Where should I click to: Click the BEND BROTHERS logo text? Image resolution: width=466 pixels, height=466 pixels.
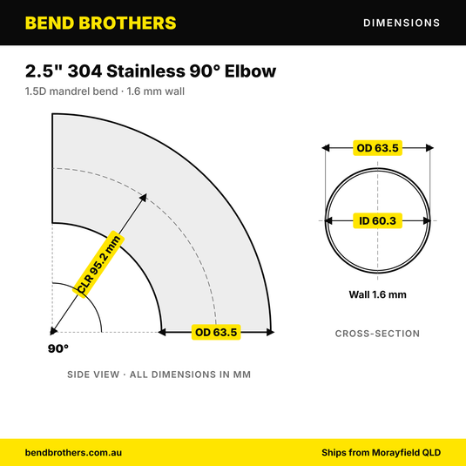click(100, 23)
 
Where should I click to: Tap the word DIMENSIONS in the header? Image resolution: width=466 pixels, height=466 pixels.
click(402, 23)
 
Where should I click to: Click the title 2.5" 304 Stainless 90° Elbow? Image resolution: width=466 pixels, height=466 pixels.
click(151, 71)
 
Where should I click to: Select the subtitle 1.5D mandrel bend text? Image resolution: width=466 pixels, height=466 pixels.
click(71, 91)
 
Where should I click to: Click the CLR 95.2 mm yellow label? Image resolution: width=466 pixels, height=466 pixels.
click(99, 264)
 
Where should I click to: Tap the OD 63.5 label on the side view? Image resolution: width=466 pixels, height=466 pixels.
click(216, 332)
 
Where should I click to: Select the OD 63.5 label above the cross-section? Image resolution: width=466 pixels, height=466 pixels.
click(377, 148)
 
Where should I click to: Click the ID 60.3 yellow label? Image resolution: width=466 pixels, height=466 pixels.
click(377, 221)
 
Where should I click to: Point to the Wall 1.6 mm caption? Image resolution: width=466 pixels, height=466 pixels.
click(377, 294)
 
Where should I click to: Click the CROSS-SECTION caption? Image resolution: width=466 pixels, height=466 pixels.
click(377, 334)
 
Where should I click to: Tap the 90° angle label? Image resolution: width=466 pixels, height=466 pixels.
click(58, 348)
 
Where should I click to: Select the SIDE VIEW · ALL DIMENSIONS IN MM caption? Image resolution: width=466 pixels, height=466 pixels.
click(159, 375)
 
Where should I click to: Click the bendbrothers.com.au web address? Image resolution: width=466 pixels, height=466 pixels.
click(73, 453)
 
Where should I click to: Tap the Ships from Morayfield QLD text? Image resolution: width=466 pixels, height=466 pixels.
click(381, 453)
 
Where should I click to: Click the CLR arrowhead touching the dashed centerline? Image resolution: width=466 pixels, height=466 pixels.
click(144, 197)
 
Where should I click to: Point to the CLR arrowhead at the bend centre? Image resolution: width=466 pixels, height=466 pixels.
click(53, 331)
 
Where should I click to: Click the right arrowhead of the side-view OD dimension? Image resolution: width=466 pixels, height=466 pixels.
click(270, 332)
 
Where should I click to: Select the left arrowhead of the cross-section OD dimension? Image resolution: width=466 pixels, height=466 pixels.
click(326, 148)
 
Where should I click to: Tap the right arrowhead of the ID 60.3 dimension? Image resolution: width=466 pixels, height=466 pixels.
click(427, 221)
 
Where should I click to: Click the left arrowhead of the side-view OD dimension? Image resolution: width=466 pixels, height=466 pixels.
click(162, 332)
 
